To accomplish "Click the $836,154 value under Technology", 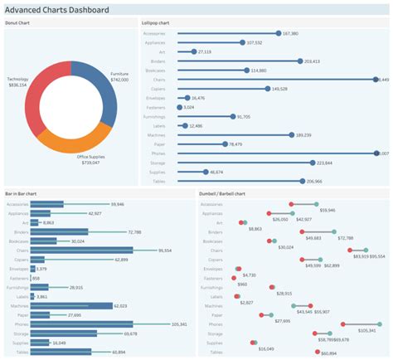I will (17, 85).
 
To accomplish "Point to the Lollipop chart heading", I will (158, 22).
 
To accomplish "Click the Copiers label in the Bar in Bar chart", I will (18, 260).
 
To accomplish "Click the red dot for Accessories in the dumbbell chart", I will (291, 204).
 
